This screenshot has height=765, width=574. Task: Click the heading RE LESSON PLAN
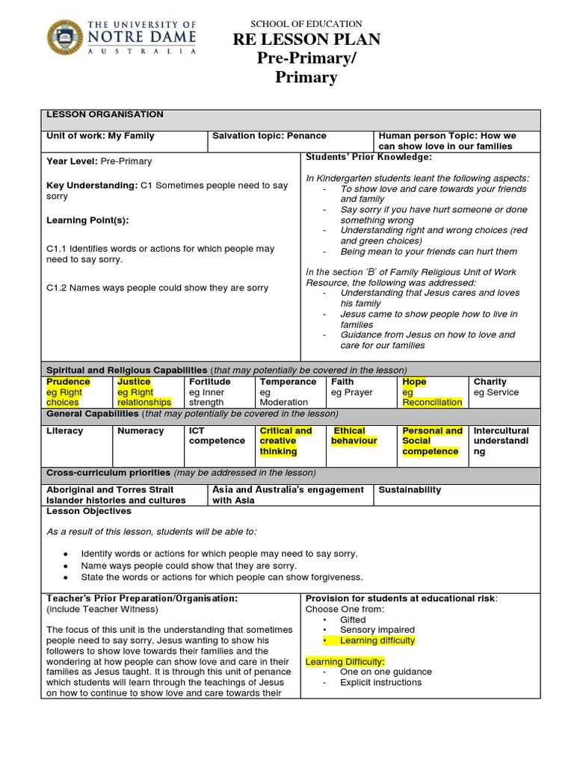306,40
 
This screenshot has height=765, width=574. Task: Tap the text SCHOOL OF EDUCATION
306,24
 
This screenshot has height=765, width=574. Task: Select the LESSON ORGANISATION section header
105,114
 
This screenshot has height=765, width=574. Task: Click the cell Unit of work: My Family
101,136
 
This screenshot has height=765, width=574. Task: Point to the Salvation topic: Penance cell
269,136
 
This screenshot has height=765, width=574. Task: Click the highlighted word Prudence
68,382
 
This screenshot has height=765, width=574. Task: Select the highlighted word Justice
134,382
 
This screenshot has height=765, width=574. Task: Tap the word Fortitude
210,382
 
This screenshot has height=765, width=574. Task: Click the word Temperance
288,382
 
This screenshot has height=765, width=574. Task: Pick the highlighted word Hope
414,382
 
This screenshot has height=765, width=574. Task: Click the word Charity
490,382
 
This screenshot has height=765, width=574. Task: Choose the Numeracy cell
141,431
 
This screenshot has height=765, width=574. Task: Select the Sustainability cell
410,490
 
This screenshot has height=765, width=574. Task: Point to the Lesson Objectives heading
89,512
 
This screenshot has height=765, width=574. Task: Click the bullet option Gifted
353,620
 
